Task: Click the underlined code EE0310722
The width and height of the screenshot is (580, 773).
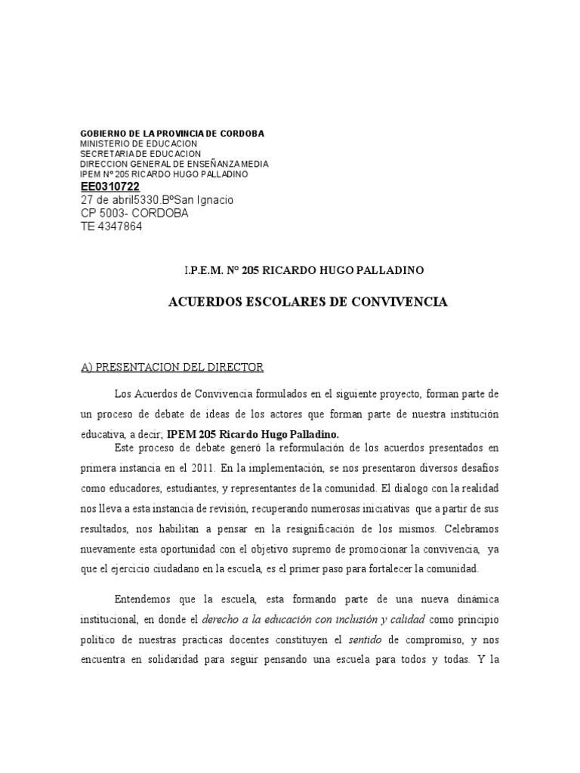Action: point(110,186)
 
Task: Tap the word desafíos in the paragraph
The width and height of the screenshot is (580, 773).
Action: point(477,468)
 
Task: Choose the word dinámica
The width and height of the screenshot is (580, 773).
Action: point(474,599)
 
